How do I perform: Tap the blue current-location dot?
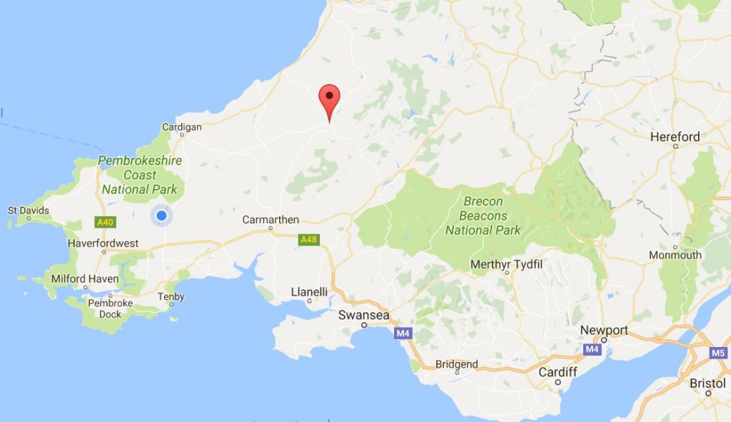click(161, 215)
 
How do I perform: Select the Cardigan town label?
click(182, 127)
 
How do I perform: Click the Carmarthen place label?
click(271, 220)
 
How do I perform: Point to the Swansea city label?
click(363, 315)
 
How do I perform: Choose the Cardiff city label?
click(558, 372)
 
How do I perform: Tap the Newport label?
click(604, 330)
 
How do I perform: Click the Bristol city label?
click(707, 383)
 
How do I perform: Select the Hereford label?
click(675, 137)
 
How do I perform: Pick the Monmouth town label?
click(675, 255)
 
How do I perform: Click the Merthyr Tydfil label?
click(507, 265)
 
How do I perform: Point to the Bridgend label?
click(456, 364)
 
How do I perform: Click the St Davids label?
click(29, 211)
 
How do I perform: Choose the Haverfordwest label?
click(103, 243)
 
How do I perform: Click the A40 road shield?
click(105, 222)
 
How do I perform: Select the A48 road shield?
click(308, 239)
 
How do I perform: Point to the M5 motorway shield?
click(718, 352)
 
